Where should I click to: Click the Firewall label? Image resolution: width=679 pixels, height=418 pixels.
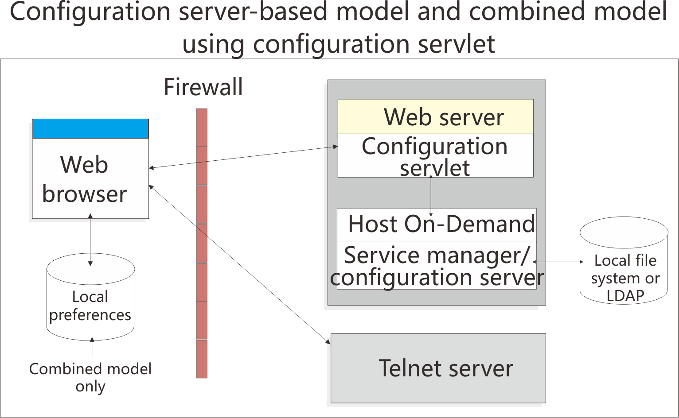tap(203, 87)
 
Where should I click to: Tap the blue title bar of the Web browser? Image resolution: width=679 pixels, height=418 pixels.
tap(90, 128)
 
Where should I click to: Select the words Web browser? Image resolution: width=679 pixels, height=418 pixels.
tap(84, 179)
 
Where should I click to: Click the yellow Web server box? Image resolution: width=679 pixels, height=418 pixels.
tap(435, 116)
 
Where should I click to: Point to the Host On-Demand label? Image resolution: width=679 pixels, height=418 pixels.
tap(441, 224)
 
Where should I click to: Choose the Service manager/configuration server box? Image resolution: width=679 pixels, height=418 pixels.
tap(437, 266)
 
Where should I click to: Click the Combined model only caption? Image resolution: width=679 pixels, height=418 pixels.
tap(90, 377)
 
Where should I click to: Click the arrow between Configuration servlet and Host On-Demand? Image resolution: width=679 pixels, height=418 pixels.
tap(431, 195)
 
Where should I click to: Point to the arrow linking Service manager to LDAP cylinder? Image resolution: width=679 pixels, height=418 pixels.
tap(558, 262)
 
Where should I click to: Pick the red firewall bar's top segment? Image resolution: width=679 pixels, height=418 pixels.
tap(202, 128)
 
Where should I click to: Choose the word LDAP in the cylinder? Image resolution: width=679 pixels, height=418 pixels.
tap(624, 295)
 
